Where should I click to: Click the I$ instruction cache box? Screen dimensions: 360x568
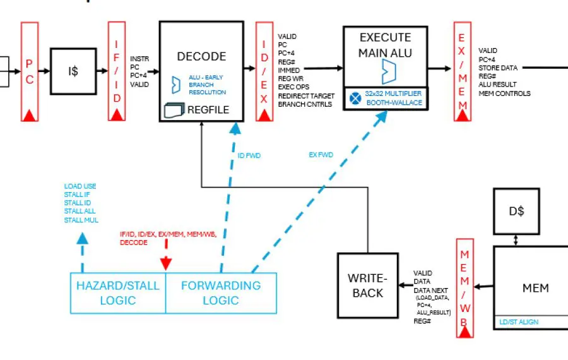click(x=74, y=71)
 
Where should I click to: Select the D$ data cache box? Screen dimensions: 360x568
click(x=517, y=210)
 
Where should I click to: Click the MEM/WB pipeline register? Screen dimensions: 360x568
click(x=464, y=287)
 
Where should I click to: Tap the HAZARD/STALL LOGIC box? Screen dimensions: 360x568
click(x=117, y=292)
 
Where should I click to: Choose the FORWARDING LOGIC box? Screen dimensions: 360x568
click(x=221, y=292)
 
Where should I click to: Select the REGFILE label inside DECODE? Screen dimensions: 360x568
click(x=208, y=110)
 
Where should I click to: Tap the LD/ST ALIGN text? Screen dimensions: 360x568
click(x=519, y=323)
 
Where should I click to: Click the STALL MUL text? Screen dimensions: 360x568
click(x=81, y=220)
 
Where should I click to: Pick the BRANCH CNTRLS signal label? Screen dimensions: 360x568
click(x=305, y=104)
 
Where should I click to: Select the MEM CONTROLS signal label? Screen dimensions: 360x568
click(x=504, y=93)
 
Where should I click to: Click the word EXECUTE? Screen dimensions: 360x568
click(x=384, y=38)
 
